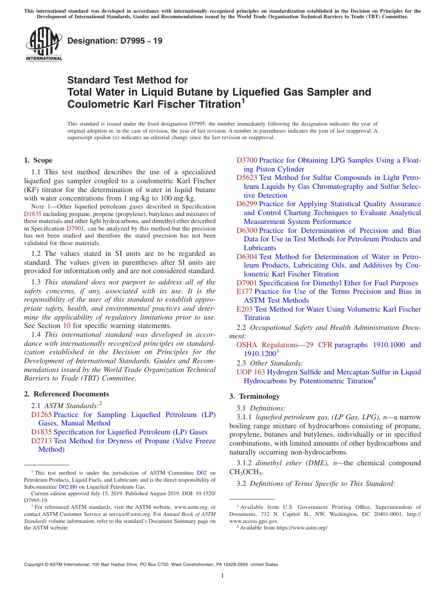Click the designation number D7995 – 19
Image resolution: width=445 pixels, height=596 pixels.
115,41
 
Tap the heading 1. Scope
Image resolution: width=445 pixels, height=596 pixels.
38,160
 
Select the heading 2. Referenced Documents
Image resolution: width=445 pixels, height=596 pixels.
67,394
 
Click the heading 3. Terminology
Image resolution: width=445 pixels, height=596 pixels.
254,396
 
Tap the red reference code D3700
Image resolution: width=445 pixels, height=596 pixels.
247,160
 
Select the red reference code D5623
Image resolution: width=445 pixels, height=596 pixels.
247,178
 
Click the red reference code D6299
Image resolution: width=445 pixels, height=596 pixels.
247,204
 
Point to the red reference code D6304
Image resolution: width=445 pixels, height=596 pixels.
247,257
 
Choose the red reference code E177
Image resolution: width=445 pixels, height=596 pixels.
245,291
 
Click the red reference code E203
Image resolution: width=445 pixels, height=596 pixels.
245,309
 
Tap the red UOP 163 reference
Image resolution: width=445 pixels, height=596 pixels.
251,372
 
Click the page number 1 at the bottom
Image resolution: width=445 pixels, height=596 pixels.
222,576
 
